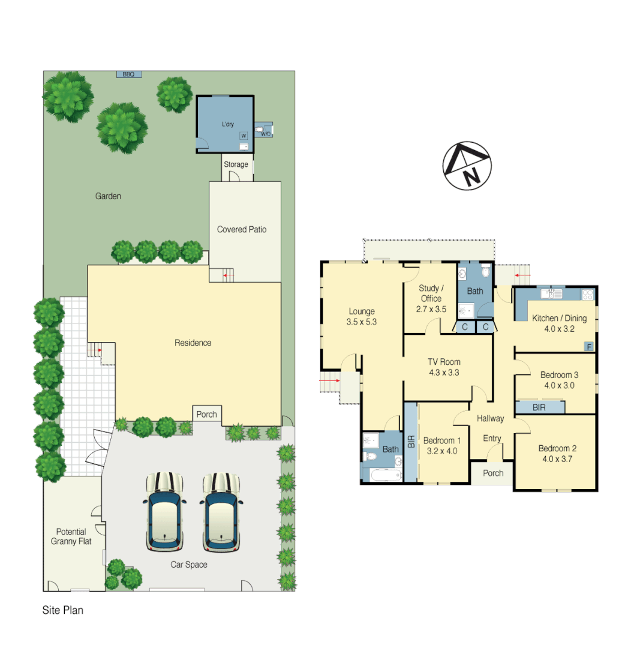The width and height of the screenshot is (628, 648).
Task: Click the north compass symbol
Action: [x=467, y=166]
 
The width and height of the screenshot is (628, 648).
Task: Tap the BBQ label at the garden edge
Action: [x=128, y=74]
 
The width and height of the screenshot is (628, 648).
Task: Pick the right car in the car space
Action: [x=221, y=512]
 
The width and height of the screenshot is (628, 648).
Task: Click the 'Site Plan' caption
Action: [x=62, y=611]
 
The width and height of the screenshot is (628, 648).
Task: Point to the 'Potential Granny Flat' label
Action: [x=71, y=536]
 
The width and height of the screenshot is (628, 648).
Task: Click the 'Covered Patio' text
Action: [x=242, y=229]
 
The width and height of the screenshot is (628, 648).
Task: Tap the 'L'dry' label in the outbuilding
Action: [x=227, y=124]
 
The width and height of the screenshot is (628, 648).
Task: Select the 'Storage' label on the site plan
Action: [x=236, y=164]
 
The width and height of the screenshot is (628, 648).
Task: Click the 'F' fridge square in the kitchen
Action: [x=589, y=346]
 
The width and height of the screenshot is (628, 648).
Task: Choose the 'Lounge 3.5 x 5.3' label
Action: [x=362, y=316]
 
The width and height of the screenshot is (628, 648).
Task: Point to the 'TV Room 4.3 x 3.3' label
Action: [x=444, y=367]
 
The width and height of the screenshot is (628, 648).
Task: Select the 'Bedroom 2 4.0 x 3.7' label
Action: [x=557, y=454]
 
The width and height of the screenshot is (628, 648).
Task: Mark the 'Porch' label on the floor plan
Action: [x=493, y=473]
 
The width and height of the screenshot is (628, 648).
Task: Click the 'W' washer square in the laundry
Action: [x=244, y=136]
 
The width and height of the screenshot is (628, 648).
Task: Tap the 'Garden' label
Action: [x=108, y=196]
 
